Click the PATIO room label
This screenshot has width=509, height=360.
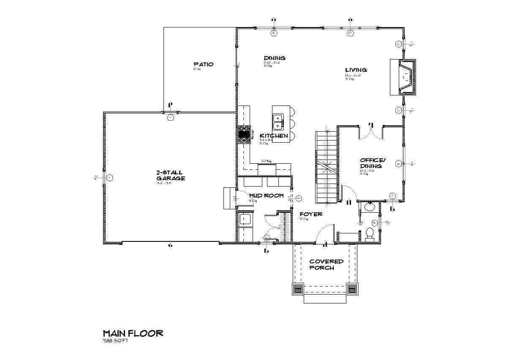(204, 65)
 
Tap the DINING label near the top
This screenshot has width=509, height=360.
(275, 58)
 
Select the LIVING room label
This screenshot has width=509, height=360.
(356, 70)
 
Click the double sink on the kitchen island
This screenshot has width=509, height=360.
(278, 122)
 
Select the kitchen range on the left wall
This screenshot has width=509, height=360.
(244, 135)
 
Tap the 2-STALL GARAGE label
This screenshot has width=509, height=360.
(170, 175)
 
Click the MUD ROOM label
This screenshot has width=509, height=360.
(265, 196)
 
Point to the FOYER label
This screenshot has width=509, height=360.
(311, 214)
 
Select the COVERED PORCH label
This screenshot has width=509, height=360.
(326, 265)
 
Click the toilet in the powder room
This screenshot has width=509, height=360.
(370, 234)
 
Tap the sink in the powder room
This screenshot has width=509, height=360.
(369, 207)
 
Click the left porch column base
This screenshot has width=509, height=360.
(297, 290)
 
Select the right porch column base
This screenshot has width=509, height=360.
(352, 290)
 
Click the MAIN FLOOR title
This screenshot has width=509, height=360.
(133, 333)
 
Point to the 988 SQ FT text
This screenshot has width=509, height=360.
(115, 341)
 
